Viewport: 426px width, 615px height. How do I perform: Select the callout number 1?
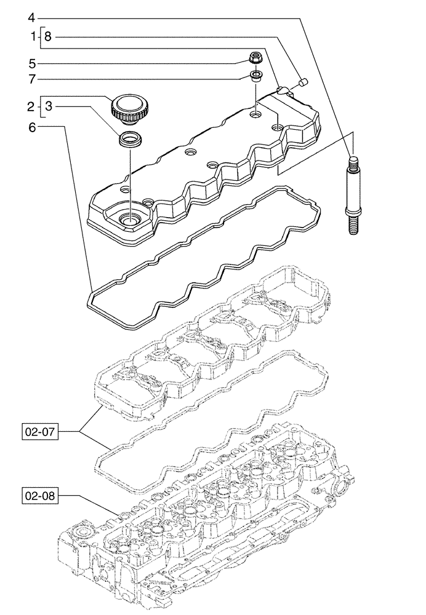[x=32, y=37]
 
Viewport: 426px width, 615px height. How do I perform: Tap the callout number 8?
[x=49, y=37]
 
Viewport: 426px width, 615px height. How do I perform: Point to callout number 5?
[x=32, y=63]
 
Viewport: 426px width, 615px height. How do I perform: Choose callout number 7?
[x=32, y=79]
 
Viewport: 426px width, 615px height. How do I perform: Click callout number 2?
[x=32, y=107]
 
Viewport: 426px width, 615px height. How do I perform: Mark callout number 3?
[x=49, y=107]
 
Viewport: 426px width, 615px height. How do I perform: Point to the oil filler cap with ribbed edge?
[x=127, y=108]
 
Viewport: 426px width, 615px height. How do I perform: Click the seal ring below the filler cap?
[x=130, y=138]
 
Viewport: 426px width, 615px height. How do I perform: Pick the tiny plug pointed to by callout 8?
[x=302, y=80]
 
